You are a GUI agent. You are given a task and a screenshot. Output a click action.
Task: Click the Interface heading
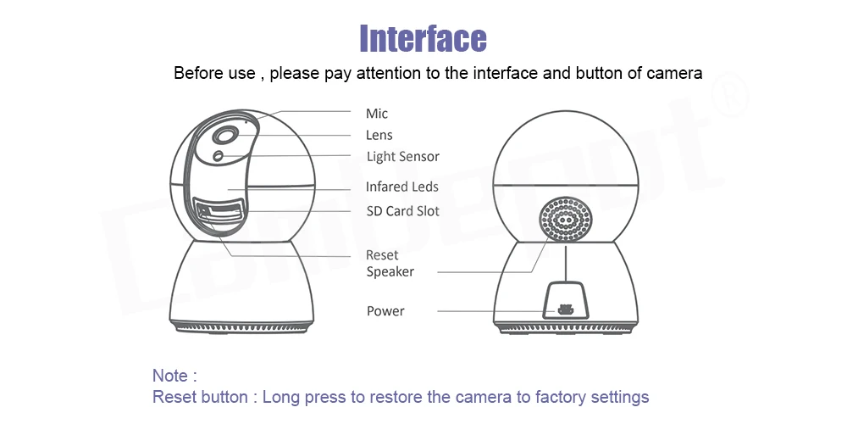tap(423, 38)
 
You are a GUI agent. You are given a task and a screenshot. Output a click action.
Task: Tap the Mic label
tap(377, 114)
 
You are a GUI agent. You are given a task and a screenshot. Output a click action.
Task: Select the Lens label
tap(379, 135)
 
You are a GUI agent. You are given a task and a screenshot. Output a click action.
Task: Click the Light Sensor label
tap(402, 157)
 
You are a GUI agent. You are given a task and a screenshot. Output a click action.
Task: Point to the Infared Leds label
tap(401, 187)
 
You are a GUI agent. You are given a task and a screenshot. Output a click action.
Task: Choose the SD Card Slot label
tap(402, 210)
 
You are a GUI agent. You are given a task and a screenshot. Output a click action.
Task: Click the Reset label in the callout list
tap(382, 254)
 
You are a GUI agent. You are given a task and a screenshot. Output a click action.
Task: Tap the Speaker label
tap(390, 271)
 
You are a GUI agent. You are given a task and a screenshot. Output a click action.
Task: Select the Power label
tap(385, 311)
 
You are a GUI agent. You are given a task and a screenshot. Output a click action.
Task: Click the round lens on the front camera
tap(224, 137)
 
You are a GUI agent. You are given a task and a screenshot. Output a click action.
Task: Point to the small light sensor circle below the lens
tap(219, 156)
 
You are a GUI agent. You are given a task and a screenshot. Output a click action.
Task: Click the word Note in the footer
tap(170, 375)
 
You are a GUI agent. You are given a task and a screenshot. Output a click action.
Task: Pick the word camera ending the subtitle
tap(674, 73)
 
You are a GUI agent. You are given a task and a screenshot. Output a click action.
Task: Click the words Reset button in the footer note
tap(200, 397)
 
